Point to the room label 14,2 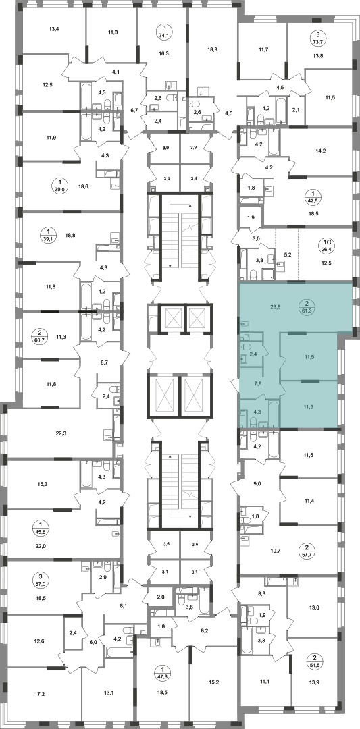tap(321, 151)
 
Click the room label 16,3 tap(163, 53)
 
